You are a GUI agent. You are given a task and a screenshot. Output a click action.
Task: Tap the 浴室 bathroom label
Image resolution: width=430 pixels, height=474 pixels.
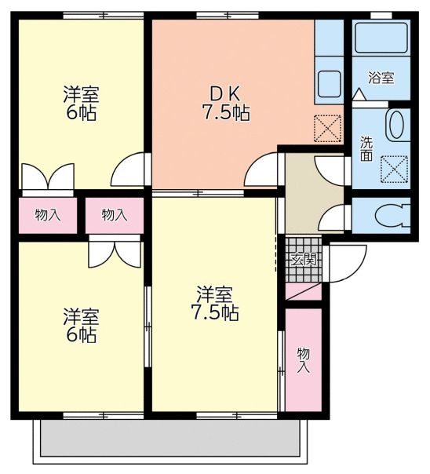[381, 78]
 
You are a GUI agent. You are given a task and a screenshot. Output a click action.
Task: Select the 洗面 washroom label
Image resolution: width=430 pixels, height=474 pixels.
[366, 148]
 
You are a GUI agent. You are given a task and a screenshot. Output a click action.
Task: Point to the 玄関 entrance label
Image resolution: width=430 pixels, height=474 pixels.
[304, 258]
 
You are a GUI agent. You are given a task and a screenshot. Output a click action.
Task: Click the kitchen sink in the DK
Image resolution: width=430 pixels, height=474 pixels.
[329, 82]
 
